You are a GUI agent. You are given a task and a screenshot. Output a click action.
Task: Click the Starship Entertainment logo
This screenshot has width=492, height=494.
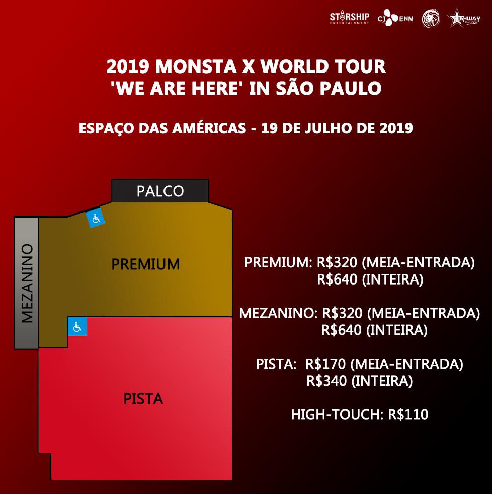(350, 18)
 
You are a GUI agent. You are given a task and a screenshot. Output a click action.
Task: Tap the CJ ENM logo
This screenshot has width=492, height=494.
(395, 18)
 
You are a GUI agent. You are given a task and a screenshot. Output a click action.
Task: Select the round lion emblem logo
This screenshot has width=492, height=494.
(431, 18)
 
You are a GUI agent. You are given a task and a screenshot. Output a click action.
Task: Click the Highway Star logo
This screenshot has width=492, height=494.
(463, 18)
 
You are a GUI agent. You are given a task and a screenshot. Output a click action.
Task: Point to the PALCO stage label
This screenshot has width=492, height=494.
(160, 191)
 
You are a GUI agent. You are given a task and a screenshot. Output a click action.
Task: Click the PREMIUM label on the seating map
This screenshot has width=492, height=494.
(145, 264)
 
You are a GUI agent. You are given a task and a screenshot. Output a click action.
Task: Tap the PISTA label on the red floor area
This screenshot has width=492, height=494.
(143, 398)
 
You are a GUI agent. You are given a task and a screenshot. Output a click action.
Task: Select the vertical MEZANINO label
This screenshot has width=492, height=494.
(27, 283)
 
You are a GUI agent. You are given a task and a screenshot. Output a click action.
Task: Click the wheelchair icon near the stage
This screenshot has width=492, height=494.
(96, 218)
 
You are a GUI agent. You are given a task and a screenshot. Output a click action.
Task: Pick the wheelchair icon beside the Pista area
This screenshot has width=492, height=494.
(77, 326)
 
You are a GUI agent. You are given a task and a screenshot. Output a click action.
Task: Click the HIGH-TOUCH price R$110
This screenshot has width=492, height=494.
(408, 414)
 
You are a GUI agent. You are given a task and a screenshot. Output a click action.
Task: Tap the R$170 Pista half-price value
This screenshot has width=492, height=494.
(325, 364)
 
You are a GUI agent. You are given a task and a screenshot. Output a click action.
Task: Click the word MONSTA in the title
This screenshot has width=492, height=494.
(196, 66)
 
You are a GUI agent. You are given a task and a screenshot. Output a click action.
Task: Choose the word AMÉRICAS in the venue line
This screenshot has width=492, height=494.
(209, 128)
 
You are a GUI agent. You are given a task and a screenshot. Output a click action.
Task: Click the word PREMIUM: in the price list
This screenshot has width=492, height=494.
(278, 262)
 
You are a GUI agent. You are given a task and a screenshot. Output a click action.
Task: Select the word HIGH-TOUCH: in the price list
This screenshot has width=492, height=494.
(337, 414)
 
